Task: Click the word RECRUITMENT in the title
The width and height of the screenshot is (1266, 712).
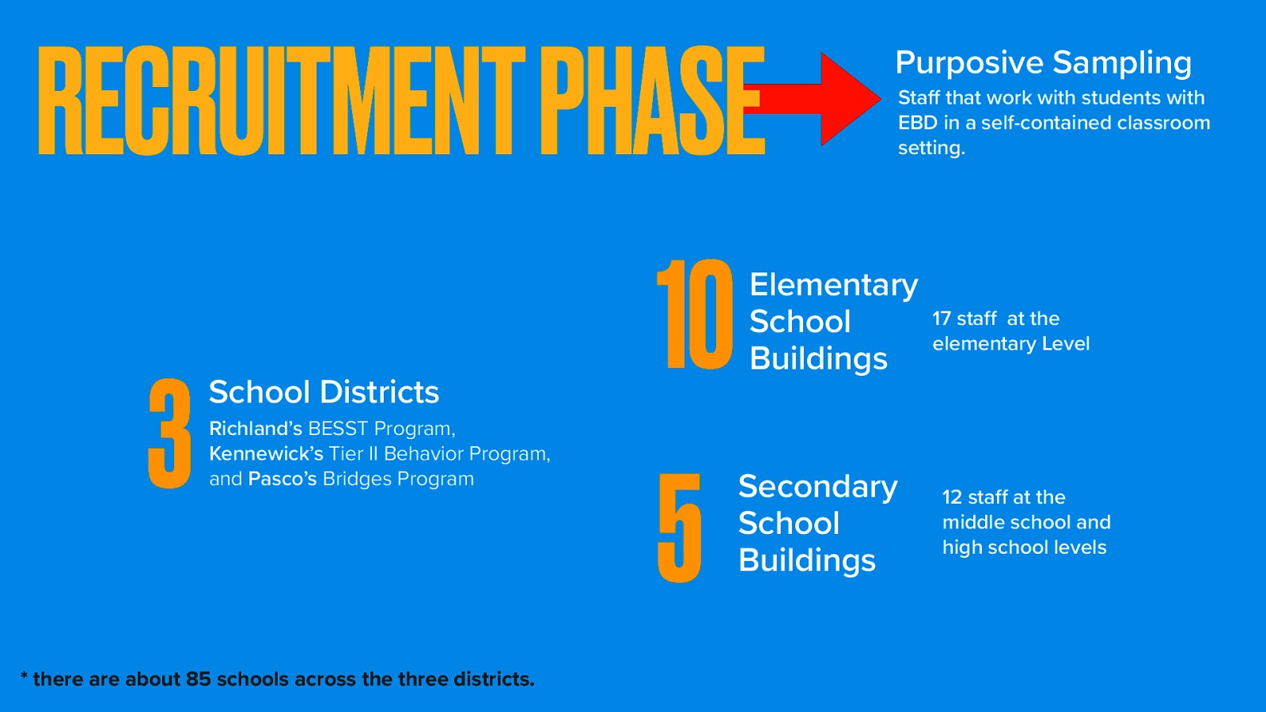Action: [x=281, y=100]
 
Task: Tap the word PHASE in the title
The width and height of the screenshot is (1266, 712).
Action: [x=652, y=100]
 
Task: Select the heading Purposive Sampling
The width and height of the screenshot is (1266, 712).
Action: [x=1043, y=62]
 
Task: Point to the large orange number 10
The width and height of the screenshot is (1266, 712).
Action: [x=696, y=315]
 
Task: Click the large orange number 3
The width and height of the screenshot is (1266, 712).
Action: [x=169, y=433]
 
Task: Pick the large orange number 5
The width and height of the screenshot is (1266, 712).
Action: [x=680, y=528]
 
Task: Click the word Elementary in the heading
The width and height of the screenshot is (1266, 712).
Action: [x=833, y=285]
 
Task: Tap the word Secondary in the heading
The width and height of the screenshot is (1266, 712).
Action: [x=817, y=487]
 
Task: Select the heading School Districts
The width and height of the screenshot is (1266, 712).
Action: [x=324, y=392]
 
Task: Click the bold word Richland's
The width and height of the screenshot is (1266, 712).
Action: [x=256, y=429]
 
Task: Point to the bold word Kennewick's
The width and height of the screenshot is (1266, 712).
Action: [x=266, y=454]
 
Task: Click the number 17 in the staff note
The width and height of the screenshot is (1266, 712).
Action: [x=942, y=319]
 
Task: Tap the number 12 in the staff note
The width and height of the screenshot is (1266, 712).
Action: [x=952, y=498]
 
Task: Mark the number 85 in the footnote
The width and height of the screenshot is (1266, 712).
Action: [x=199, y=680]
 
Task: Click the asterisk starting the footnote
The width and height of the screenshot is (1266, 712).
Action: [x=25, y=676]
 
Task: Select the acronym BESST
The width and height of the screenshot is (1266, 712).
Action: [x=338, y=429]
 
